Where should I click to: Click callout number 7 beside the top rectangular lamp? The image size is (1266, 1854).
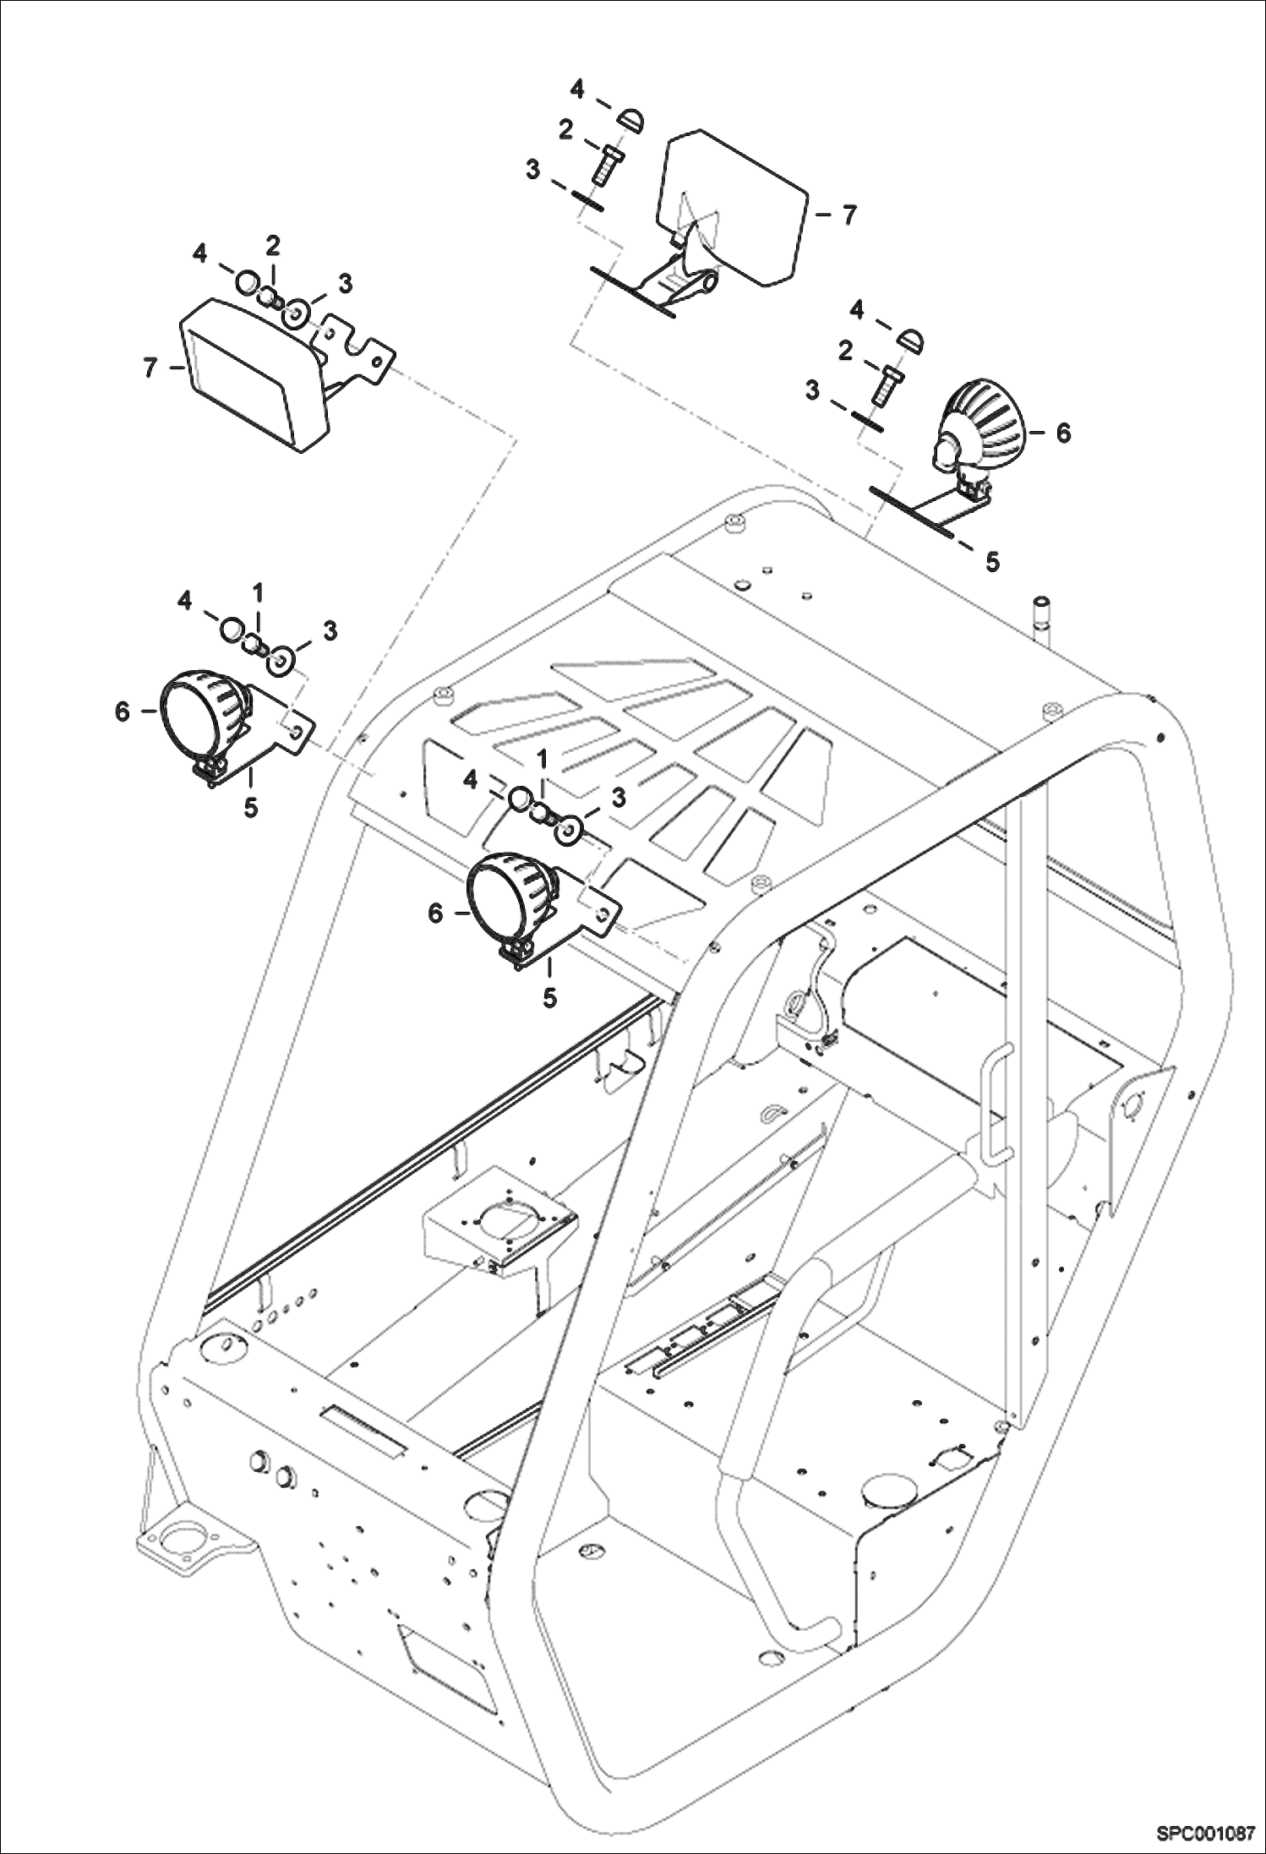point(849,215)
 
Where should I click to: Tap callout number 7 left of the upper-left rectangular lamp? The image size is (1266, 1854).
point(150,368)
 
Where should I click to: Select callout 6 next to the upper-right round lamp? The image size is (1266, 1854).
point(1062,433)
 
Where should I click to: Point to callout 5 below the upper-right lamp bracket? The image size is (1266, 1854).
point(992,560)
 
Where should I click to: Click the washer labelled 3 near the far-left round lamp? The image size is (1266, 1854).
point(281,658)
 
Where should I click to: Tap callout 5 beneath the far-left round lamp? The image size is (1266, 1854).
point(251,807)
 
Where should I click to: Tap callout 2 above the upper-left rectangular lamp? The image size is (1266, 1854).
point(272,246)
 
